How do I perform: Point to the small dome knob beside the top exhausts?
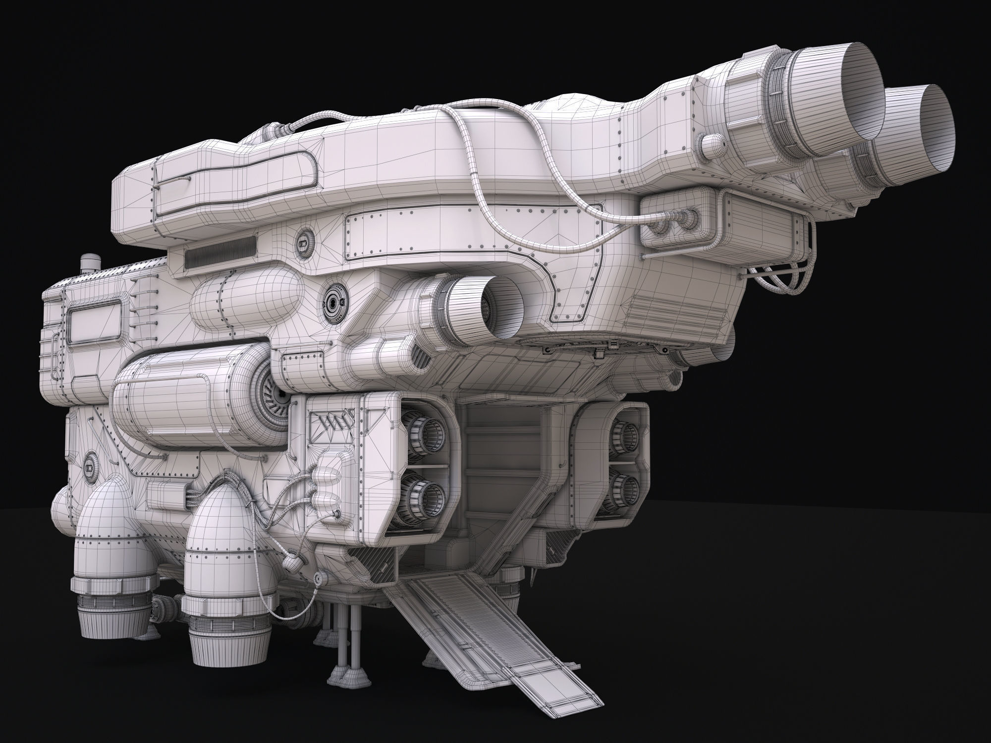click(712, 145)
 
